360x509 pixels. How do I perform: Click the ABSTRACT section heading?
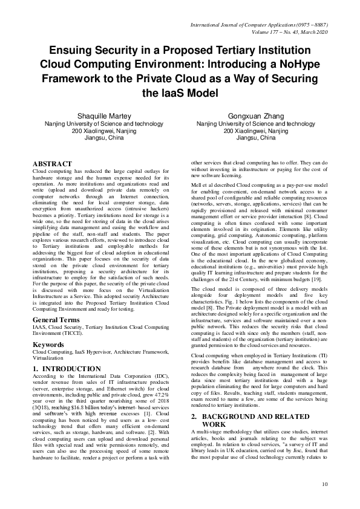52,164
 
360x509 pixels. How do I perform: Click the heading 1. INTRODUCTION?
66,368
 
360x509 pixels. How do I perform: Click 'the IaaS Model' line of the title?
180,92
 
